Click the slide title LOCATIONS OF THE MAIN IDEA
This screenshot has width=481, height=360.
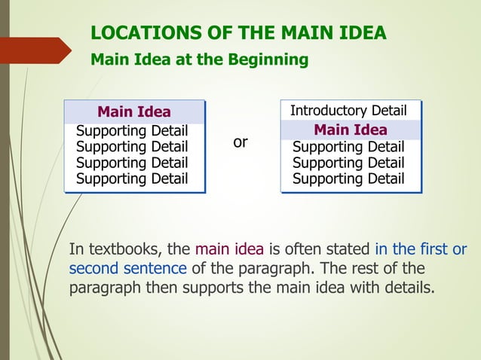(x=238, y=32)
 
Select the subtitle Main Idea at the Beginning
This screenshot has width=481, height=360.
(x=199, y=59)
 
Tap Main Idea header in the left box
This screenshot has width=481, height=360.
(x=134, y=113)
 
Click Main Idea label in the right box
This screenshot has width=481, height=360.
(x=351, y=130)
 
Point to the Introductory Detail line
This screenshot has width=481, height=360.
(x=348, y=111)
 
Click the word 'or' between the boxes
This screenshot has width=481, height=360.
(x=240, y=142)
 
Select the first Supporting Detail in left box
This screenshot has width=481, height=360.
(x=132, y=131)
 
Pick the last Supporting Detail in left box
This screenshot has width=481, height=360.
(x=132, y=178)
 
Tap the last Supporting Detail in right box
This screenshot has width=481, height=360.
(x=348, y=178)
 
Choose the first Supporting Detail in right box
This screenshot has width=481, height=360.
(x=348, y=147)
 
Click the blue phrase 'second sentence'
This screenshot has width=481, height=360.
(x=127, y=269)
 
